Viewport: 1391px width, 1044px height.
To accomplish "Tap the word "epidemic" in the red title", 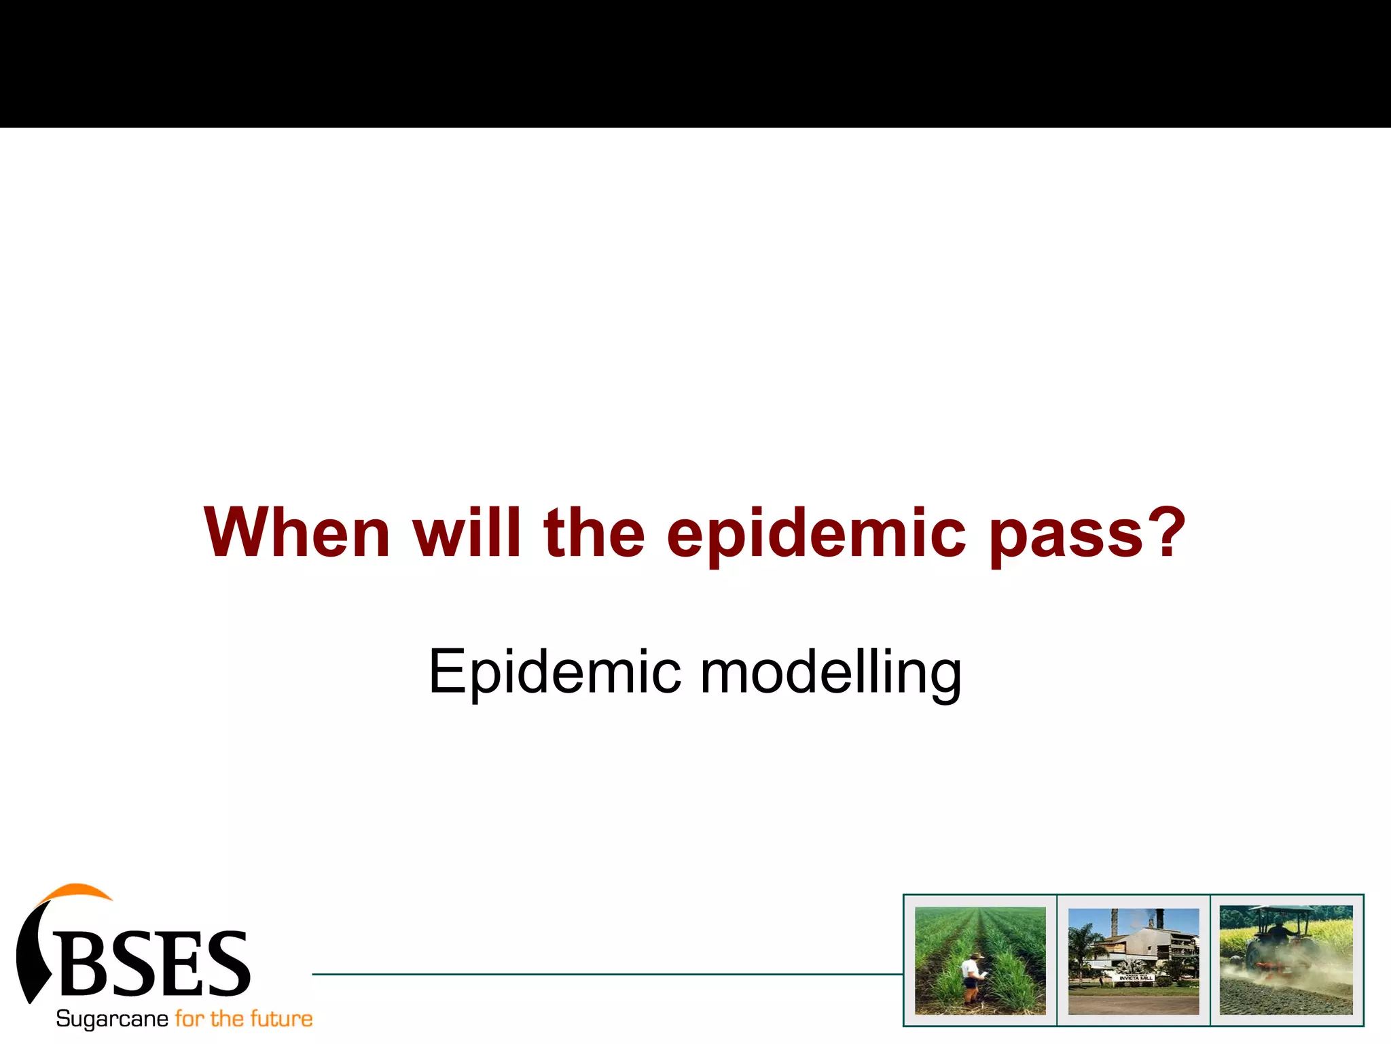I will pos(816,534).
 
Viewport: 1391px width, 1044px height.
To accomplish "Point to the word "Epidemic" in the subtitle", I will pos(554,672).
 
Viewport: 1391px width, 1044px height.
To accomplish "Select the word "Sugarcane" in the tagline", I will pos(112,1019).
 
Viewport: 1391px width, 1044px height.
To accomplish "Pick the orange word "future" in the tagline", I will pos(281,1019).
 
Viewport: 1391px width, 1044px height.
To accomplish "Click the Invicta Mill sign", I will pos(1136,977).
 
